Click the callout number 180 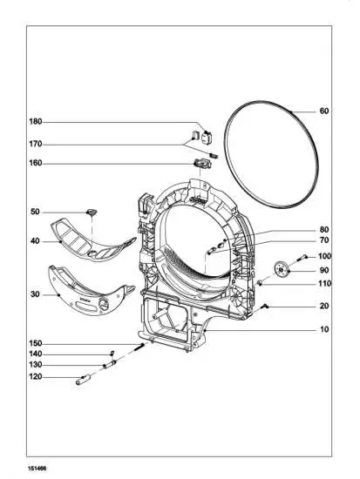coord(36,121)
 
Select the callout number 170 coord(36,144)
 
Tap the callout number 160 coord(36,162)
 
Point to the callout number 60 coord(324,111)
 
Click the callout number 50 coord(36,212)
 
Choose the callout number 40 coord(36,241)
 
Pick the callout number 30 coord(36,294)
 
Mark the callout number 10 coord(324,330)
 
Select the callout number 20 coord(324,306)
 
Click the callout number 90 coord(324,271)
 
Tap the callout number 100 coord(324,256)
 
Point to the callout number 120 coord(36,377)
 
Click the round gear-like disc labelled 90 coord(280,270)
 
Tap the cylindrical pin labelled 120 coord(88,378)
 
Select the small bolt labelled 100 coord(302,258)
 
